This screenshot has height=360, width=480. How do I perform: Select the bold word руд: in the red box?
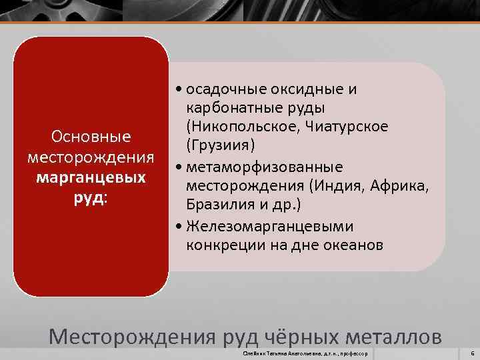point(91,199)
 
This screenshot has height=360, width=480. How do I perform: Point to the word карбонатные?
point(228,108)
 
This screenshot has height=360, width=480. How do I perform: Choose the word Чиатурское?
point(351,127)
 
